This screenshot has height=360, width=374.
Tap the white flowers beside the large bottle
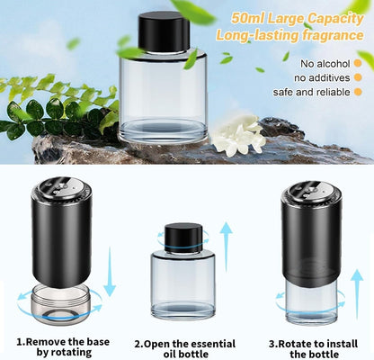(x=239, y=137)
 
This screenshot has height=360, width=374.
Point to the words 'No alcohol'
(x=321, y=63)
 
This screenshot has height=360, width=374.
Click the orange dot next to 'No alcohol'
(x=358, y=63)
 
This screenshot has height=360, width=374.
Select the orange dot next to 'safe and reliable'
(x=358, y=94)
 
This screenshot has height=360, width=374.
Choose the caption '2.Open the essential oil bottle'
(x=184, y=346)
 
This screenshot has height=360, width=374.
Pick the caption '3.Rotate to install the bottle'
(x=311, y=346)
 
